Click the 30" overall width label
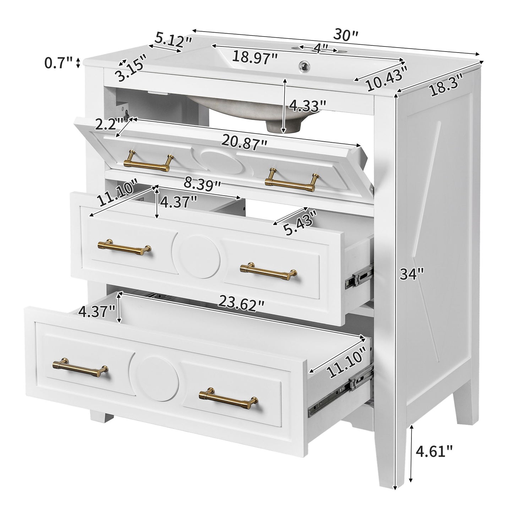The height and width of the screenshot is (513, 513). pos(346,35)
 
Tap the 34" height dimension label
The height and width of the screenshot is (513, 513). pos(412,274)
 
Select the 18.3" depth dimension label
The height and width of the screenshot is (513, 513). pos(447,85)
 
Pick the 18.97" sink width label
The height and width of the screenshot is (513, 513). pos(255,57)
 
